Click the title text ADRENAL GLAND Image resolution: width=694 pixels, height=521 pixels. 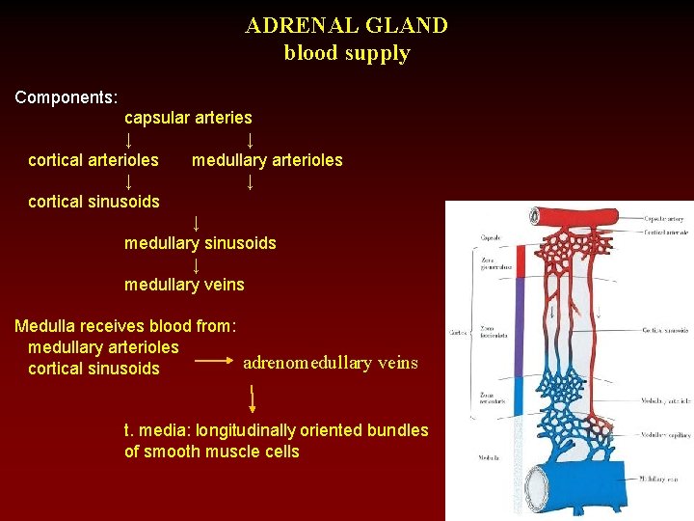pyautogui.click(x=346, y=25)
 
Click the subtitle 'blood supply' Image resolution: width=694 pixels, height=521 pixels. pyautogui.click(x=346, y=53)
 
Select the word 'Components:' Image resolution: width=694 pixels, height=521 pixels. pyautogui.click(x=67, y=97)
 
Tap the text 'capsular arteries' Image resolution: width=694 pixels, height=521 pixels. pyautogui.click(x=188, y=118)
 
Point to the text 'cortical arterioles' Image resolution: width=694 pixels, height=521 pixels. pyautogui.click(x=93, y=160)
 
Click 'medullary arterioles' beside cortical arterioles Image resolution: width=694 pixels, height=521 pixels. pyautogui.click(x=267, y=160)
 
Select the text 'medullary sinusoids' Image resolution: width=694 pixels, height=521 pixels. pyautogui.click(x=200, y=243)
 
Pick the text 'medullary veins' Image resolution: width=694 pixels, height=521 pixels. pyautogui.click(x=184, y=285)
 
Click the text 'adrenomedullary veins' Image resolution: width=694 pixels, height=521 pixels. pyautogui.click(x=331, y=363)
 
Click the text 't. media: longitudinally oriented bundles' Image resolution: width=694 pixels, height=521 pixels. pyautogui.click(x=277, y=430)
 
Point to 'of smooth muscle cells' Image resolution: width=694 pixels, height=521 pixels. pyautogui.click(x=212, y=452)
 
